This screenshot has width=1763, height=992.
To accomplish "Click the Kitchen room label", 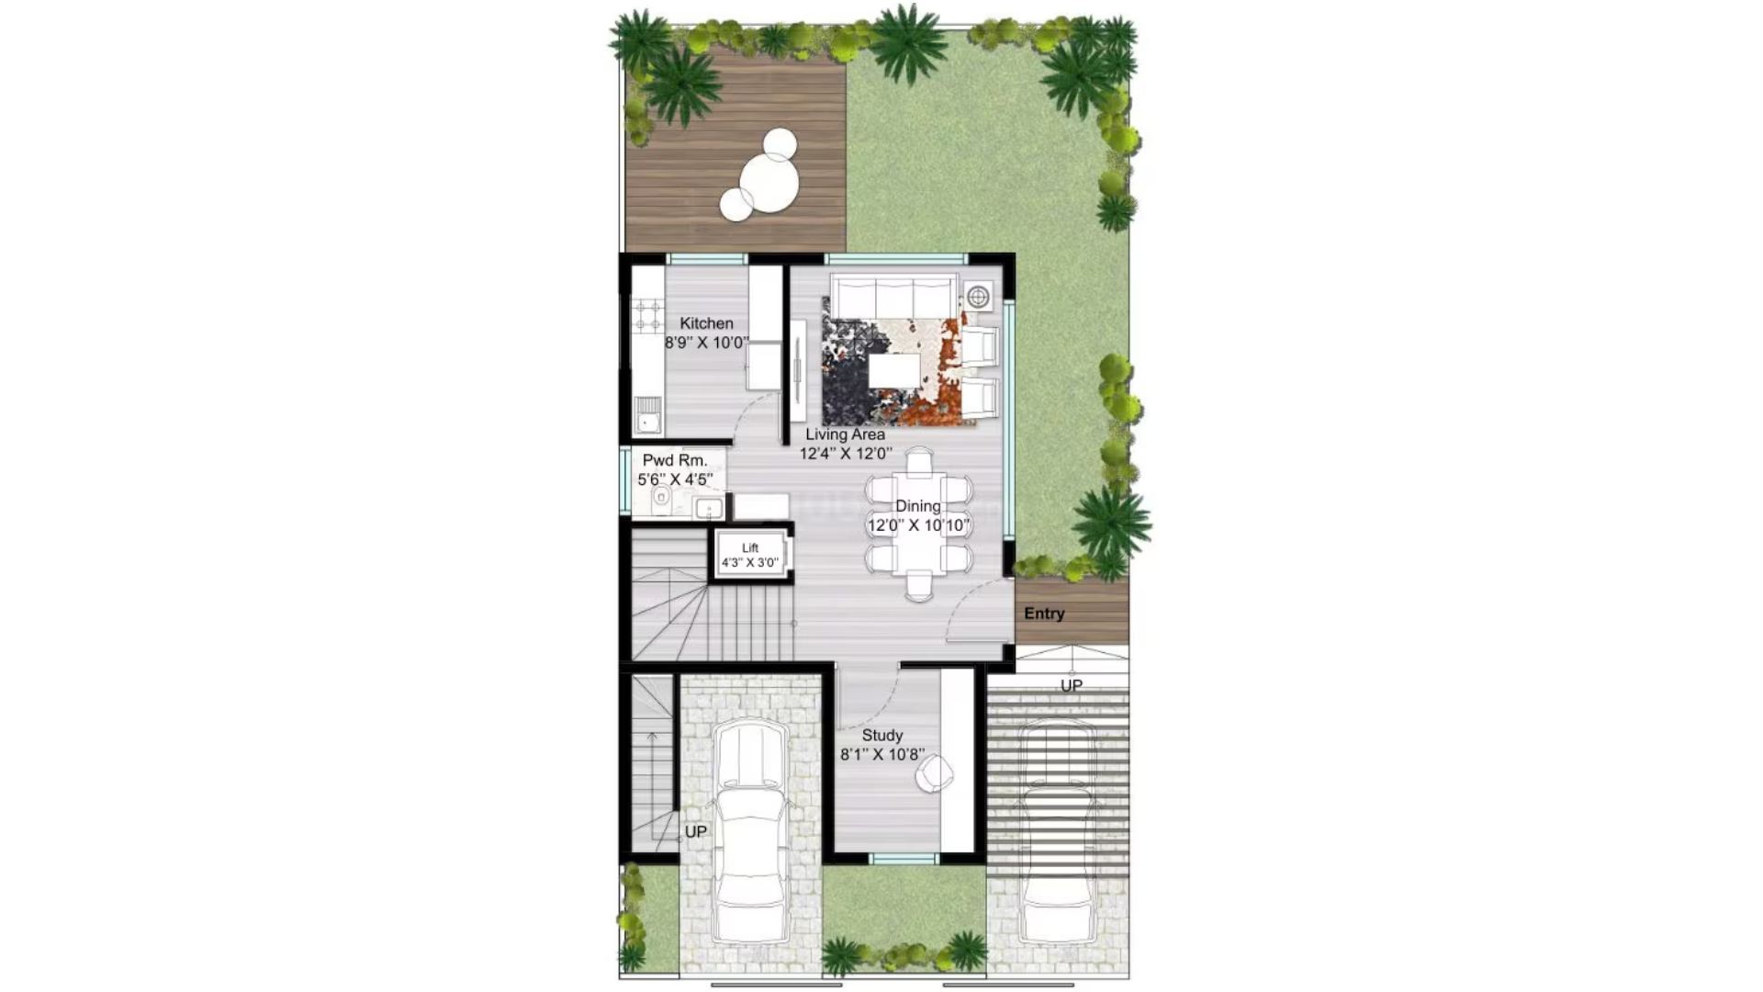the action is click(706, 323).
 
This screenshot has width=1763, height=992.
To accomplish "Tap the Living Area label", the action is click(845, 434).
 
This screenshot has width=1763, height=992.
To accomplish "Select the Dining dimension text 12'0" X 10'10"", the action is click(918, 526).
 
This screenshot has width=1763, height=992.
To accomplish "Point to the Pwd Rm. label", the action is click(675, 460).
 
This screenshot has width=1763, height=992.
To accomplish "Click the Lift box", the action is click(750, 555).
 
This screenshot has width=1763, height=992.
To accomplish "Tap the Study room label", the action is click(882, 736).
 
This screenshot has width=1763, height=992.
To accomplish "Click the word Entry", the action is click(1045, 614).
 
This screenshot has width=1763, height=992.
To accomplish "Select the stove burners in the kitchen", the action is click(647, 315).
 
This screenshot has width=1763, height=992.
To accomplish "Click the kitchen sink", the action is click(647, 415).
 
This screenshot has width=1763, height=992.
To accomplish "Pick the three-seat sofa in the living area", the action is click(893, 295).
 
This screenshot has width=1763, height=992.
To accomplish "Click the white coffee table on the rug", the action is click(894, 372).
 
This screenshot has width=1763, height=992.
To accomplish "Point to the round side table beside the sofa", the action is click(979, 297).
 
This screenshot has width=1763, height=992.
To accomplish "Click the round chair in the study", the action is click(934, 774).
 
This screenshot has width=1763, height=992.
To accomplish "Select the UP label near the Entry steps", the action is click(1072, 686).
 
